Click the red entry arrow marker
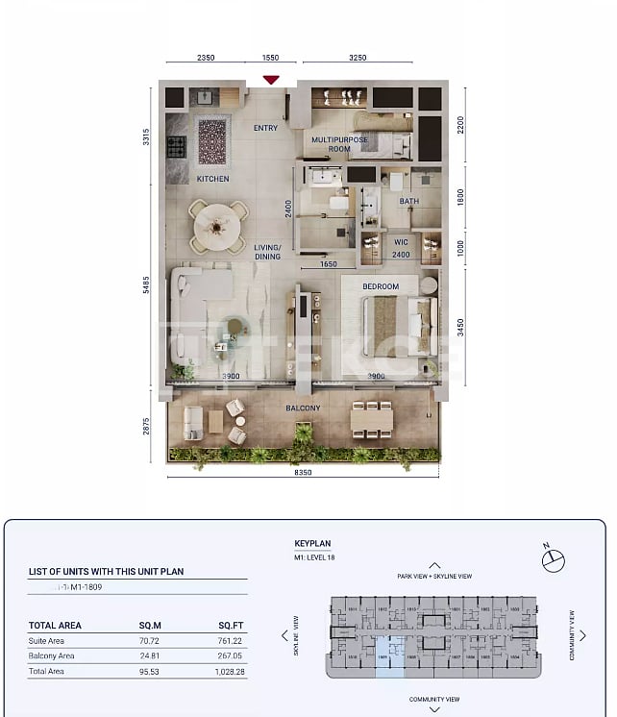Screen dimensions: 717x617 (271, 80)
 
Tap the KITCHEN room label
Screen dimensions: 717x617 (212, 179)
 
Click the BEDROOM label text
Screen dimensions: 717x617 (381, 286)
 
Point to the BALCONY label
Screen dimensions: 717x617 (303, 408)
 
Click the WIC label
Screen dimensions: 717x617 (401, 242)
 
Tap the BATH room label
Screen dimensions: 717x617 (409, 202)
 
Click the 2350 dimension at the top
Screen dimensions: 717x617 (206, 58)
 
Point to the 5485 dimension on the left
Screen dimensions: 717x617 (147, 286)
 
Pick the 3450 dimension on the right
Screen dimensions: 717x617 (461, 328)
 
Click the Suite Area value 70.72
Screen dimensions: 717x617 (150, 640)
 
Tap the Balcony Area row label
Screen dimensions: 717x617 (52, 655)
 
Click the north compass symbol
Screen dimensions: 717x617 (554, 559)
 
